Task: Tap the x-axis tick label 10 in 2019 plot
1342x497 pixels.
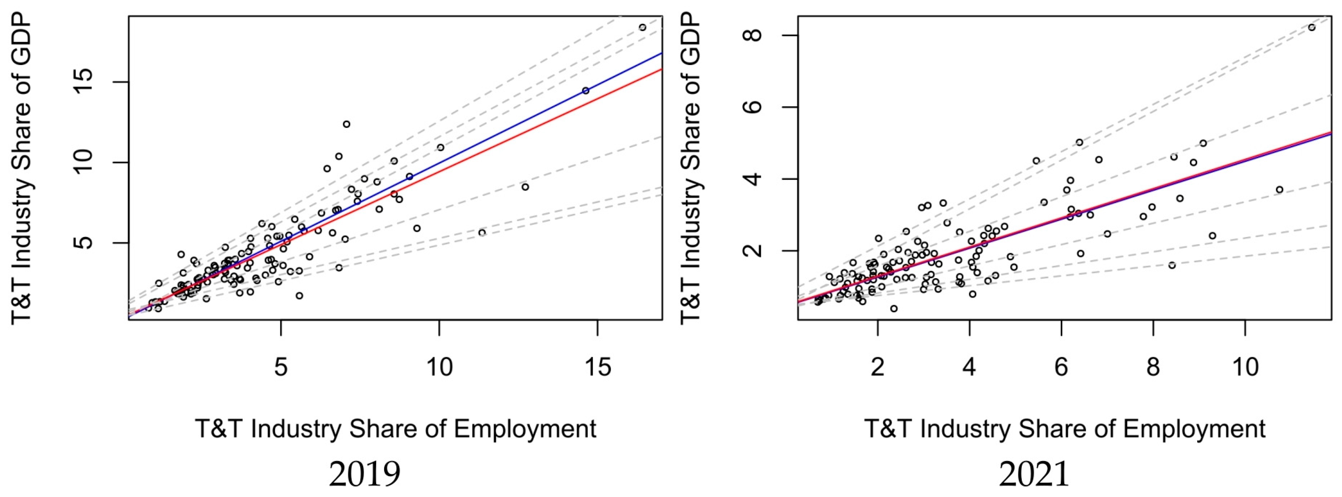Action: point(439,368)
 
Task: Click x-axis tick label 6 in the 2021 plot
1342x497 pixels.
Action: point(1061,368)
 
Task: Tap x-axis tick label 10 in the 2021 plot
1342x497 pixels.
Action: point(1245,368)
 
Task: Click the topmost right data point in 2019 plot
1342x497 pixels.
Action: point(642,27)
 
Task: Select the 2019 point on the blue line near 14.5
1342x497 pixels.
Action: point(586,91)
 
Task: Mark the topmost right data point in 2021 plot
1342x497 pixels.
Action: point(1312,28)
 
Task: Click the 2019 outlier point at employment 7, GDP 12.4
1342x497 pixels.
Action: point(346,124)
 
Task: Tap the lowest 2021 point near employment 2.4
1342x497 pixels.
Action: point(894,308)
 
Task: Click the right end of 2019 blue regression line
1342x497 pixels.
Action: point(661,54)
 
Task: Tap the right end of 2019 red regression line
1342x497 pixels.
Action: point(661,69)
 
